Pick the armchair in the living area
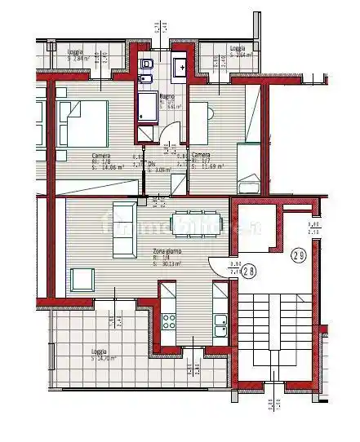point(83,279)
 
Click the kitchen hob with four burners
point(169,320)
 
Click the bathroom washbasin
point(181,64)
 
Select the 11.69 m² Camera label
point(202,160)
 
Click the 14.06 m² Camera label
point(102,161)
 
